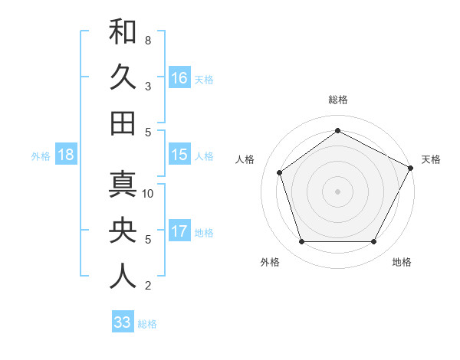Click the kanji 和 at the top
point(123,31)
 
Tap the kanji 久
point(123,77)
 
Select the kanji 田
point(123,123)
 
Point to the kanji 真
point(123,185)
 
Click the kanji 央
point(123,231)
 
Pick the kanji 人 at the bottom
point(123,277)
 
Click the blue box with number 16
point(179,78)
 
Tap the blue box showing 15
point(179,155)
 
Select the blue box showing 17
point(179,231)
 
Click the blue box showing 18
point(66,155)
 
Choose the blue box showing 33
point(122,322)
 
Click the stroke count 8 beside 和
point(147,40)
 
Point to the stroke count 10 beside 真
point(149,193)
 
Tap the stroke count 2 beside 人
point(147,286)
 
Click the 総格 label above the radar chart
point(337,100)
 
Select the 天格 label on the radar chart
point(431,159)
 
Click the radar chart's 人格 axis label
point(245,159)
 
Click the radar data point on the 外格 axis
point(301,242)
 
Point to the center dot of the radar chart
point(337,191)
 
